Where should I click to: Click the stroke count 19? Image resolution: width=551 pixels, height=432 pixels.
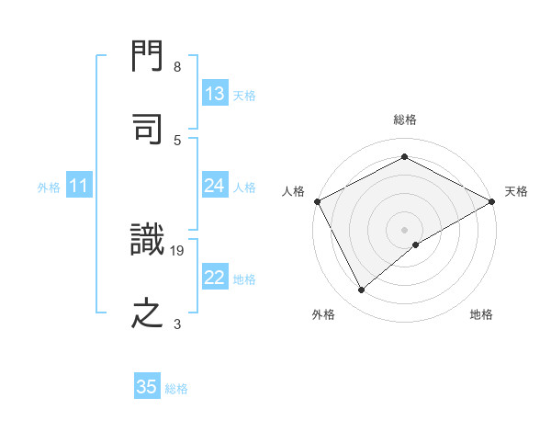pyautogui.click(x=177, y=250)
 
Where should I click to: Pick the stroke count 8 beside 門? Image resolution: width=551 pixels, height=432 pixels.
pyautogui.click(x=177, y=67)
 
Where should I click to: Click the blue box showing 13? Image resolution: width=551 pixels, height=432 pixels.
pyautogui.click(x=214, y=94)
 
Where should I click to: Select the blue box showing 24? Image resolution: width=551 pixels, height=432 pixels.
pyautogui.click(x=214, y=186)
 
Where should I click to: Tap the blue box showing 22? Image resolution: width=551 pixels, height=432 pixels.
pyautogui.click(x=214, y=278)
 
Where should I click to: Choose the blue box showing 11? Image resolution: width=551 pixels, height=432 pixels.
pyautogui.click(x=78, y=186)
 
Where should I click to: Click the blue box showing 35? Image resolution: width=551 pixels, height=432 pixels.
pyautogui.click(x=147, y=387)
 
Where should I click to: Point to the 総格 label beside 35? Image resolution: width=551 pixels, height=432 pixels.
pyautogui.click(x=176, y=389)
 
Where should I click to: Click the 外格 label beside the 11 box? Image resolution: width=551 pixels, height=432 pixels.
pyautogui.click(x=49, y=188)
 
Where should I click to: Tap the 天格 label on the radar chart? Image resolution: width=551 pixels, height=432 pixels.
pyautogui.click(x=516, y=191)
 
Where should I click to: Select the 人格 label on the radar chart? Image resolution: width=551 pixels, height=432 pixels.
pyautogui.click(x=293, y=191)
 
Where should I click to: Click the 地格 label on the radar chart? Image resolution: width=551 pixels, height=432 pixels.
pyautogui.click(x=481, y=314)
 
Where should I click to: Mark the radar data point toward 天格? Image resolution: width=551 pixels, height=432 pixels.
pyautogui.click(x=492, y=200)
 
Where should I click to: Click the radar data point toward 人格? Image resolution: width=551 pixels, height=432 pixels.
pyautogui.click(x=317, y=200)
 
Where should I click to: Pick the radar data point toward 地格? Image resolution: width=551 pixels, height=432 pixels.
pyautogui.click(x=417, y=244)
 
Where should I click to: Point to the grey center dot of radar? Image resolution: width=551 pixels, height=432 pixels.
pyautogui.click(x=404, y=229)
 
